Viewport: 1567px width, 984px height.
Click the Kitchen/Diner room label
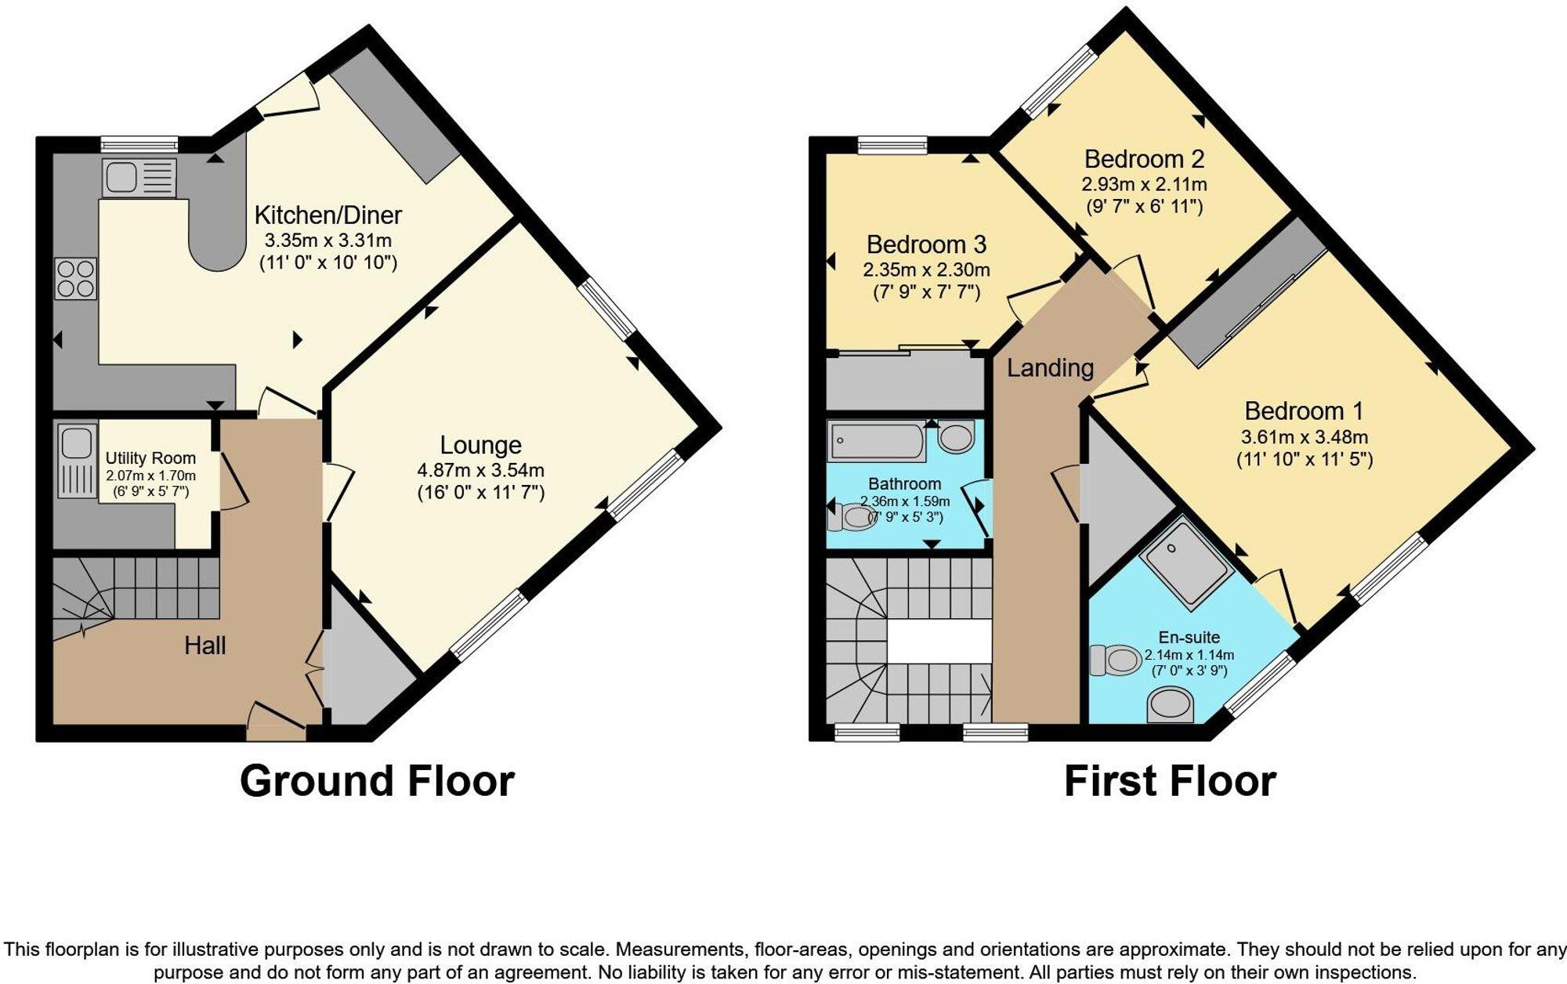coord(328,215)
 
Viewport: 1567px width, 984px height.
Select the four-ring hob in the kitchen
coord(76,279)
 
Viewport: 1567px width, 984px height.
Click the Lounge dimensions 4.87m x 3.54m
coord(480,471)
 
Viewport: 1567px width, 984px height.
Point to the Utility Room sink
coord(76,443)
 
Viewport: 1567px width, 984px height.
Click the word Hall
coord(204,646)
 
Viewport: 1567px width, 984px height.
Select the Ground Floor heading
coord(377,781)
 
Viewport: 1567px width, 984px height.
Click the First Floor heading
coord(1170,781)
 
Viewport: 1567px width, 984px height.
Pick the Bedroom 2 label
coord(1144,159)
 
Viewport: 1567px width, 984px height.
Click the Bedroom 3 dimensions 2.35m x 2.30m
coord(926,270)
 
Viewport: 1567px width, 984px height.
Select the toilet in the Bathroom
coord(854,517)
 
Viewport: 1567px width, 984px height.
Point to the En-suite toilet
coord(1116,660)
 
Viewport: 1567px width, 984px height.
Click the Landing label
coord(1050,367)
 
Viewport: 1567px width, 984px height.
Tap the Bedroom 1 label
coord(1304,411)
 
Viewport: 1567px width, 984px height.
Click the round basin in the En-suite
coord(1171,704)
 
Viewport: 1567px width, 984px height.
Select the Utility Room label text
coord(150,458)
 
